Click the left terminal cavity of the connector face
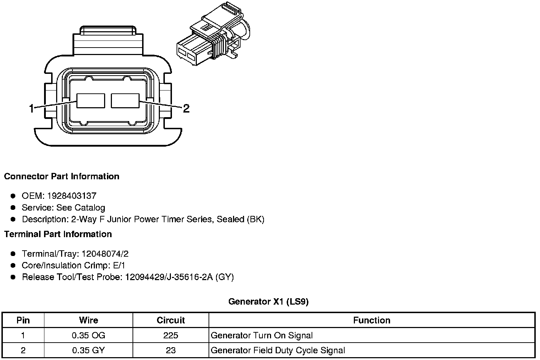[91, 101]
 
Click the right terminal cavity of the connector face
[125, 101]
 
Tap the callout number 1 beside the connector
[31, 108]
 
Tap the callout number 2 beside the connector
[186, 108]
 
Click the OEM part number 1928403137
[72, 196]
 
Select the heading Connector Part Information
[62, 176]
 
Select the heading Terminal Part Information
[58, 234]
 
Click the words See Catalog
[81, 208]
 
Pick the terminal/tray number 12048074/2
[105, 254]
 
